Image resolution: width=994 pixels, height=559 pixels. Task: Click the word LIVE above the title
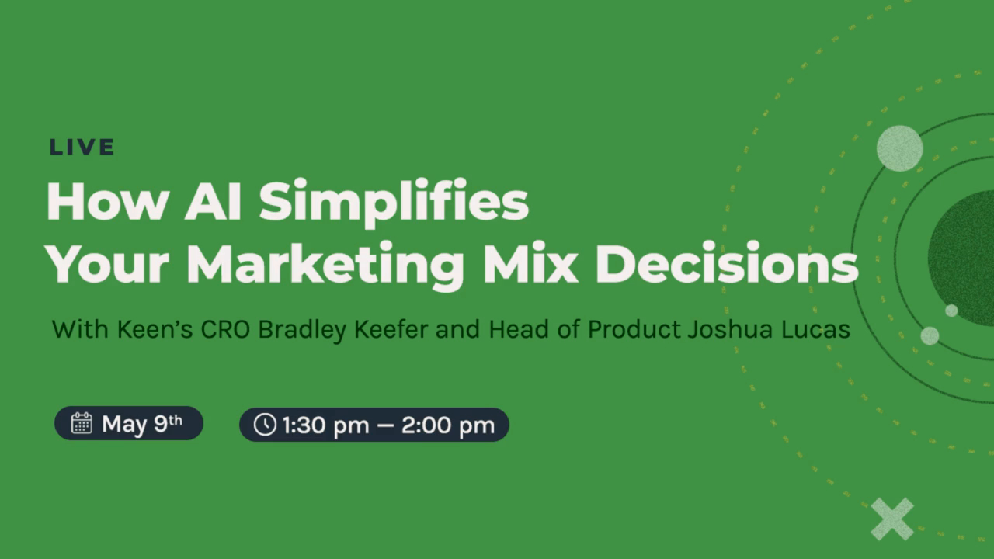[x=82, y=148]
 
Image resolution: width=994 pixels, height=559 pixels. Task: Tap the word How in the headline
[x=108, y=201]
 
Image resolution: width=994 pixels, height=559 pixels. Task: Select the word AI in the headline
[x=213, y=201]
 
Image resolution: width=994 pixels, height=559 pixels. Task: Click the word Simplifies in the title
[x=394, y=203]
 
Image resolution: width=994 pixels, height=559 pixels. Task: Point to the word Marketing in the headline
[x=325, y=266]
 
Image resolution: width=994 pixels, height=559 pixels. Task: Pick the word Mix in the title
[x=530, y=263]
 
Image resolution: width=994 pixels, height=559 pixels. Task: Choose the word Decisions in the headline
[x=726, y=263]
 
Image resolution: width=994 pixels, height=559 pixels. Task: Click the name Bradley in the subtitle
[x=302, y=330]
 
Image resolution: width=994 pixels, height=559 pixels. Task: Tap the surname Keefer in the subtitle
[x=391, y=329]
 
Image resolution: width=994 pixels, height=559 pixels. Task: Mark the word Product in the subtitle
[x=634, y=329]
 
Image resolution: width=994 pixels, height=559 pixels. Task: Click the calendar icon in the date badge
[x=82, y=423]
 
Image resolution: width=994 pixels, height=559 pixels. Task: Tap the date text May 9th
[x=142, y=424]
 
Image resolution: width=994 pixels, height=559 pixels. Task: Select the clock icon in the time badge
[x=265, y=425]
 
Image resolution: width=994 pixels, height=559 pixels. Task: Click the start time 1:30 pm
[x=326, y=425]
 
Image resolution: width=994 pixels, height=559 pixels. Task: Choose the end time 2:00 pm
[x=448, y=425]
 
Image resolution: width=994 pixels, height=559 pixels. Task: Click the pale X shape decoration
[x=892, y=519]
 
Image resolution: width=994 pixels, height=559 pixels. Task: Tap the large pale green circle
[x=900, y=148]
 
